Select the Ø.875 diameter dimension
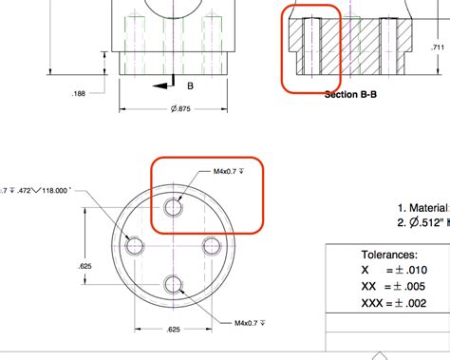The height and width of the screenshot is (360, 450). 154,108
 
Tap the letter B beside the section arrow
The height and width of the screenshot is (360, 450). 190,86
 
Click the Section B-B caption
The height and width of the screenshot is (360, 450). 353,94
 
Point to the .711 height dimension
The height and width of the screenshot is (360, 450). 438,47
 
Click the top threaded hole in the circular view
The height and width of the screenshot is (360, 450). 173,208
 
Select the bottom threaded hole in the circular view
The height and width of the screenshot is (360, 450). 173,283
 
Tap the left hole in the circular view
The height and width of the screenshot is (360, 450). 136,245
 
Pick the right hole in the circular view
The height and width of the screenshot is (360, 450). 211,245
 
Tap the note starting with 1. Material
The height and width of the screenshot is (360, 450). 422,207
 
